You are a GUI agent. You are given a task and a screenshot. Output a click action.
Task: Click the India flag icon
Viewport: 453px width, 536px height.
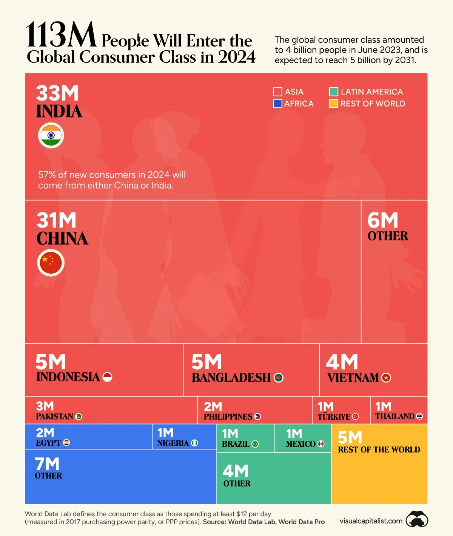click(x=51, y=135)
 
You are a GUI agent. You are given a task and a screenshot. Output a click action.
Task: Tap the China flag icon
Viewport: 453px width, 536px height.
click(x=51, y=263)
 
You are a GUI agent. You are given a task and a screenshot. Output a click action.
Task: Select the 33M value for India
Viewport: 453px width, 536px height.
click(x=57, y=93)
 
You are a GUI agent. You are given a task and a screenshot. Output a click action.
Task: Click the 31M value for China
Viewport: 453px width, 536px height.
click(x=57, y=220)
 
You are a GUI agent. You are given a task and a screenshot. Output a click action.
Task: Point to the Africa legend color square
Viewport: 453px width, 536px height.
click(x=277, y=104)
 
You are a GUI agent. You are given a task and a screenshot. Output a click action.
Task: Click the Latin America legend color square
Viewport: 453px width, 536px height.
click(x=333, y=92)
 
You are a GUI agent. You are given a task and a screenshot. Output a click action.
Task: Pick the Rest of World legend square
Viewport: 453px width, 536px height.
click(x=333, y=104)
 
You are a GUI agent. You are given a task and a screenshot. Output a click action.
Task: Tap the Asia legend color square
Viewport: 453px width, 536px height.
click(x=277, y=92)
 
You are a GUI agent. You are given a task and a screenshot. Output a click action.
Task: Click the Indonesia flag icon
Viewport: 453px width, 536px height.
click(x=108, y=377)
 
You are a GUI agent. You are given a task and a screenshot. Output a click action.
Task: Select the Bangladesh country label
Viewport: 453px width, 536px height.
click(x=231, y=378)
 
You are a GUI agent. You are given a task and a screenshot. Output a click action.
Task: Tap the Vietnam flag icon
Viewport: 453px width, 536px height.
click(x=386, y=378)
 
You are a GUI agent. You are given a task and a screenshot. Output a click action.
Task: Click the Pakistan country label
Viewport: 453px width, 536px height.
click(x=55, y=417)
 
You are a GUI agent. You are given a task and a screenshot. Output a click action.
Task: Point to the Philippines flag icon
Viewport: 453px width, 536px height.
click(x=258, y=417)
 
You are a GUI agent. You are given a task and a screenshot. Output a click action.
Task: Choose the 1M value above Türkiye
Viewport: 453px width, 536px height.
click(x=325, y=407)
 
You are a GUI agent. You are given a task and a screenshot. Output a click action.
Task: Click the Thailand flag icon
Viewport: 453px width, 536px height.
click(x=419, y=417)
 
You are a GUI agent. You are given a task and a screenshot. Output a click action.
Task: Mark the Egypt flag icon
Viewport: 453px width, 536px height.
click(x=67, y=443)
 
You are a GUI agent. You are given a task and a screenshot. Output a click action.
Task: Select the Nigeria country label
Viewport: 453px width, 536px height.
click(x=173, y=443)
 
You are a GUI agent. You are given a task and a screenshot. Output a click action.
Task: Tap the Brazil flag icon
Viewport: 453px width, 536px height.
click(x=255, y=444)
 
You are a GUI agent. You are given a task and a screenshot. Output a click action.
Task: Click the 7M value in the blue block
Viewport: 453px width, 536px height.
click(x=47, y=464)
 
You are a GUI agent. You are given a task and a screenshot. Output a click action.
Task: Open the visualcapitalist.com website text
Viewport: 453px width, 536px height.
click(x=371, y=521)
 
